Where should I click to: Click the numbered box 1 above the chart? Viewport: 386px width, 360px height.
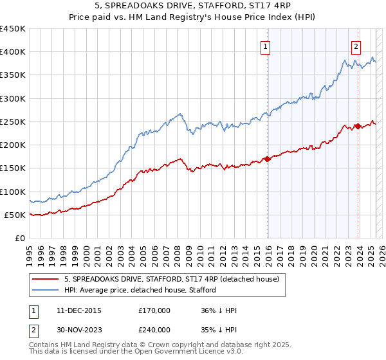coord(266,46)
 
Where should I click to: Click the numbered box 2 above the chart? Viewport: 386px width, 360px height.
coord(356,46)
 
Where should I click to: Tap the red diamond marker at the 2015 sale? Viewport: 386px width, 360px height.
coord(268,159)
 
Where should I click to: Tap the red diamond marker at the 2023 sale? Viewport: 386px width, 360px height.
coord(357,127)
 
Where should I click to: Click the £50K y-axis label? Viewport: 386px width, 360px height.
coord(15,215)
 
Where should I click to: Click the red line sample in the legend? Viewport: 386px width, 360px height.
coord(46,279)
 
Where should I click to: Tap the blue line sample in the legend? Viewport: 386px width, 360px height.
coord(46,291)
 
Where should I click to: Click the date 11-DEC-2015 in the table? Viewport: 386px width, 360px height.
coord(79,310)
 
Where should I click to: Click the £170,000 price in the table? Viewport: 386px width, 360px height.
coord(154,310)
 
